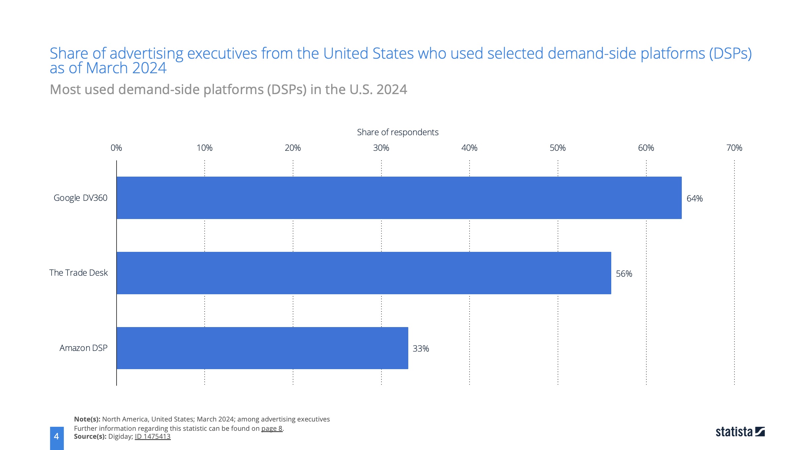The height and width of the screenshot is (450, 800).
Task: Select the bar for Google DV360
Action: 399,198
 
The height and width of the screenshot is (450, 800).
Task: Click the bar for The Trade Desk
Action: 364,273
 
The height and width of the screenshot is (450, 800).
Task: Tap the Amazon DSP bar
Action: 262,348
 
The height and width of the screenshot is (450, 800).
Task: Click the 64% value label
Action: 694,198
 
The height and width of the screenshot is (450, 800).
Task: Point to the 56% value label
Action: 624,274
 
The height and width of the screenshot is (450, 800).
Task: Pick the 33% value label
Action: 421,349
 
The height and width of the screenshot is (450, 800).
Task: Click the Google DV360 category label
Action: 80,198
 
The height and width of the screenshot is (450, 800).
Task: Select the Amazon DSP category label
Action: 83,348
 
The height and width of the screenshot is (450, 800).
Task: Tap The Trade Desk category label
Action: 78,273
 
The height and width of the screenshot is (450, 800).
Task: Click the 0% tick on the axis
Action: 116,148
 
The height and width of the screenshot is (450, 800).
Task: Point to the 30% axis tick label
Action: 381,148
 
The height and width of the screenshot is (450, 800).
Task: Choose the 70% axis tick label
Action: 734,148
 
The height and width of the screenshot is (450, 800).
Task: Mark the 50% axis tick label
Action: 558,148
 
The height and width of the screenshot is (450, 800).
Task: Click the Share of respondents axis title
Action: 397,132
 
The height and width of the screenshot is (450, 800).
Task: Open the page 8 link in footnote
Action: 272,428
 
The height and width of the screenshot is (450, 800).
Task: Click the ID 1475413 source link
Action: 153,436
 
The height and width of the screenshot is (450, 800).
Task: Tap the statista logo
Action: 740,432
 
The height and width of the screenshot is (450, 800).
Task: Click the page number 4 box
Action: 57,437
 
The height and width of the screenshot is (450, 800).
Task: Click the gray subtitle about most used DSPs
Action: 228,89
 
